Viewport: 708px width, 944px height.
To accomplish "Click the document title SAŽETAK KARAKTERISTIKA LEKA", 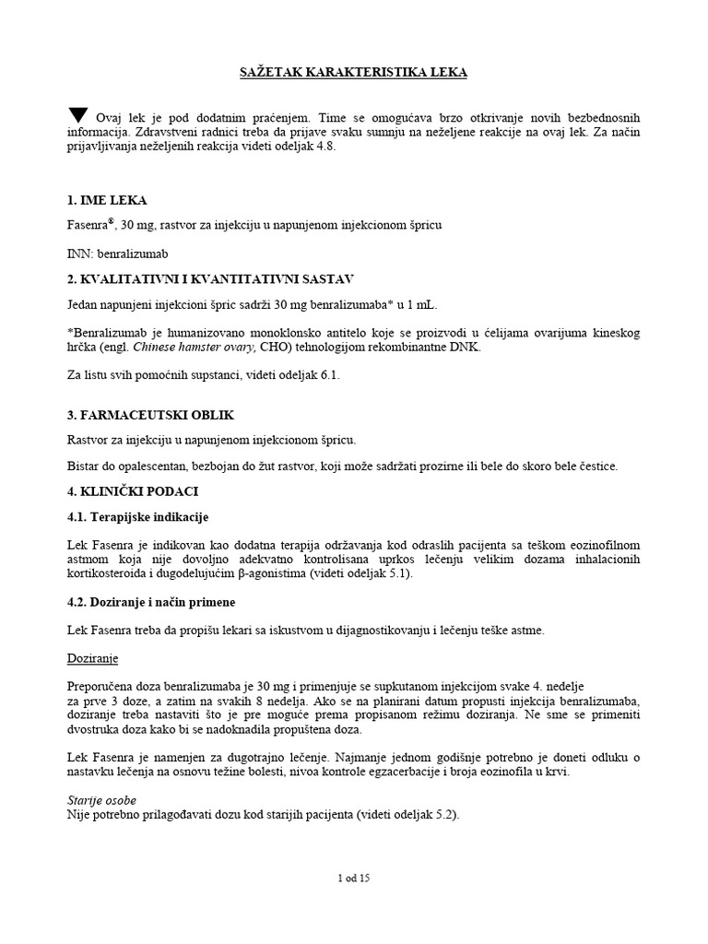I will pos(353,73).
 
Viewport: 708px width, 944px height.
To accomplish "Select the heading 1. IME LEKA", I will pos(108,201).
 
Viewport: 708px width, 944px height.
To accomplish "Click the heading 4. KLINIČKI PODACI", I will pos(133,490).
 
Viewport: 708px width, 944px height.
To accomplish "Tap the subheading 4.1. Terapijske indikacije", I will pos(145,516).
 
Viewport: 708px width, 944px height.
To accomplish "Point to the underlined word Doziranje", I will pos(93,660).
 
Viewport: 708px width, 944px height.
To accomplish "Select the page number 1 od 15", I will pos(354,879).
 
